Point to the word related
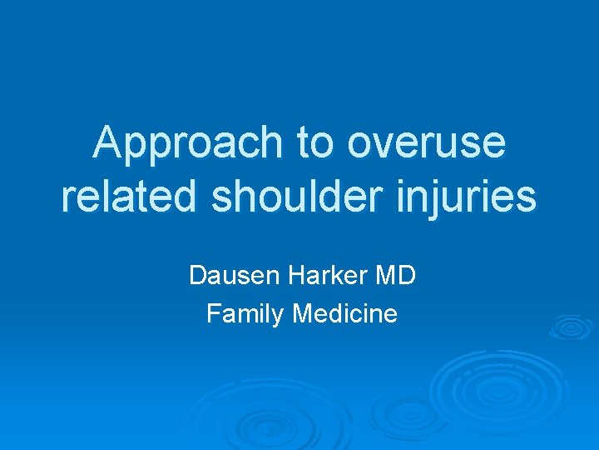(x=126, y=197)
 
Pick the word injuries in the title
(x=481, y=197)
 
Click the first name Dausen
(x=235, y=275)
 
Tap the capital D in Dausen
(x=197, y=275)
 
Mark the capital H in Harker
(x=297, y=275)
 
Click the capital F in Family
(x=212, y=314)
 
